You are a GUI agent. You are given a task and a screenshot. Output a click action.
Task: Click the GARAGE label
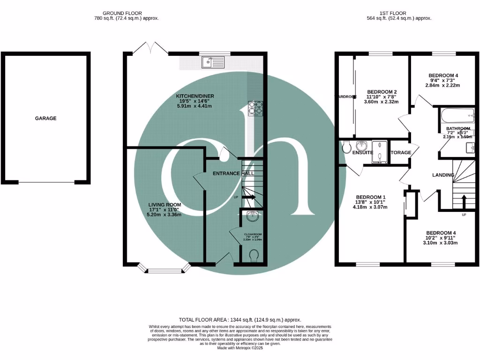click(x=45, y=119)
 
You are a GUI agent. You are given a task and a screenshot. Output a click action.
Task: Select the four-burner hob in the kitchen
click(x=255, y=108)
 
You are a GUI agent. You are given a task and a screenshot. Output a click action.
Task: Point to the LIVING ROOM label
click(x=165, y=205)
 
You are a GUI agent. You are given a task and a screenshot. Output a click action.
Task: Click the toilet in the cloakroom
click(x=254, y=256)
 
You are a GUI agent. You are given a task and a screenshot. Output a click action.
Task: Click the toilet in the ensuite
click(x=346, y=147)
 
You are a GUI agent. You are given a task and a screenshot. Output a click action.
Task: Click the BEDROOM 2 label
click(x=382, y=91)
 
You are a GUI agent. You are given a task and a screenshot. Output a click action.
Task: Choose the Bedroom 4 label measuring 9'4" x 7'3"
click(x=443, y=75)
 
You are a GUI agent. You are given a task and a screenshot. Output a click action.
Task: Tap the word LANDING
click(x=443, y=175)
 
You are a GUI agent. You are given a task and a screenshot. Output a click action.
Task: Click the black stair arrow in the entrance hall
click(x=248, y=197)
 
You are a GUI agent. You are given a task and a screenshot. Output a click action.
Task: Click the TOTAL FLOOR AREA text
click(x=240, y=319)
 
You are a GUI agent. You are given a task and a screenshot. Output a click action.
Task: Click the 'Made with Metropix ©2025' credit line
click(x=240, y=348)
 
